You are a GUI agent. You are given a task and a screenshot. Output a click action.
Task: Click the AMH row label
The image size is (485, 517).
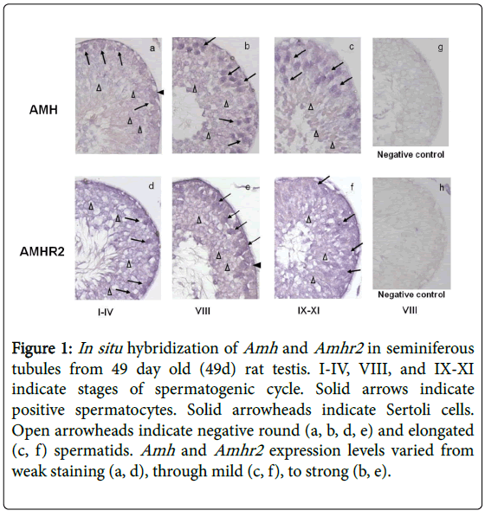click(x=43, y=110)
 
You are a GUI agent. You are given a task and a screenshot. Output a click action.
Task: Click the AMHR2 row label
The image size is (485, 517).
click(x=42, y=252)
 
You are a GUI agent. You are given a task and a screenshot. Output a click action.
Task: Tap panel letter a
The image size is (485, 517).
click(x=152, y=48)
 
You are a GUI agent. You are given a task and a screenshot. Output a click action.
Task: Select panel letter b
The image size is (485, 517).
click(x=247, y=46)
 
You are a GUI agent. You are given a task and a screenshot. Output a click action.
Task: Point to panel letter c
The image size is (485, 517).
click(x=352, y=47)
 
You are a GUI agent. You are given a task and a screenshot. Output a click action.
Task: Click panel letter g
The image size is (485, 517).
click(x=440, y=48)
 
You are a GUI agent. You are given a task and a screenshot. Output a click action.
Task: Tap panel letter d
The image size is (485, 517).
click(x=151, y=186)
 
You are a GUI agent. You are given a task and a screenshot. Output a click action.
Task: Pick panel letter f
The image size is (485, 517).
click(x=352, y=187)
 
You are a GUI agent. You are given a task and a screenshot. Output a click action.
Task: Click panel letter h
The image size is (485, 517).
click(x=442, y=188)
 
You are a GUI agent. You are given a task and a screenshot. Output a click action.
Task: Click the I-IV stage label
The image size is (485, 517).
click(x=106, y=312)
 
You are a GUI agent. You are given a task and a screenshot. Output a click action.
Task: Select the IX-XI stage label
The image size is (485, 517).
click(x=308, y=311)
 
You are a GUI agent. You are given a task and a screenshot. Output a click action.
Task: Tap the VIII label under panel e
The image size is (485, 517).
click(x=203, y=311)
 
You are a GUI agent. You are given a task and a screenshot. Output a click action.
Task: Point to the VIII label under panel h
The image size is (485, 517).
click(x=410, y=310)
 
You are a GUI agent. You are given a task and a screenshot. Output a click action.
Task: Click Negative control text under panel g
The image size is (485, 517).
click(x=411, y=155)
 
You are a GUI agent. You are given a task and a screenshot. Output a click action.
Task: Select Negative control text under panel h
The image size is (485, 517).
click(x=411, y=294)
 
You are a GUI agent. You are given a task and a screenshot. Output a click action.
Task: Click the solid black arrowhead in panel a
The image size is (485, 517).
click(x=160, y=93)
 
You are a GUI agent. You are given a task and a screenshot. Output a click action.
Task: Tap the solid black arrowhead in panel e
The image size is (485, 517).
click(x=257, y=265)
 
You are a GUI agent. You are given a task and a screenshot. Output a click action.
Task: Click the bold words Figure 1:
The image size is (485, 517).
click(x=42, y=349)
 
